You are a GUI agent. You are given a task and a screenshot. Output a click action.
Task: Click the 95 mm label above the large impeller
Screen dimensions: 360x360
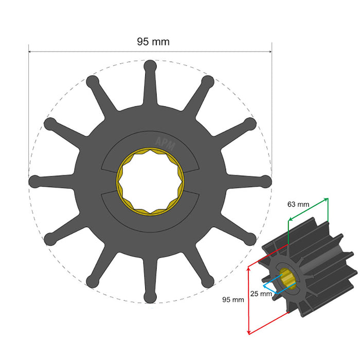153,41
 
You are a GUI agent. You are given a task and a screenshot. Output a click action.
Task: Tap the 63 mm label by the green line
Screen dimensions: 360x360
298,204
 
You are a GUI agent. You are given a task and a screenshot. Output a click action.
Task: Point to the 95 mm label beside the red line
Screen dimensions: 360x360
233,299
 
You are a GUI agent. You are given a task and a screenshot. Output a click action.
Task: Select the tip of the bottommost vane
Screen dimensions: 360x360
150,297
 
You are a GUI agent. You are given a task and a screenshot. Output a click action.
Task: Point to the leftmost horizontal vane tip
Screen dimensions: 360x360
34,181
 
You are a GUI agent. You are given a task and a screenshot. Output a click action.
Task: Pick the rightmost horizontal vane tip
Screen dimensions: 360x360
266,181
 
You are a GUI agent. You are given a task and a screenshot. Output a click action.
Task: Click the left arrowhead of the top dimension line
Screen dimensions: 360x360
30,51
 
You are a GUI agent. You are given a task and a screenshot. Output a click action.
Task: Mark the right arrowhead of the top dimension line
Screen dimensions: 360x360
270,51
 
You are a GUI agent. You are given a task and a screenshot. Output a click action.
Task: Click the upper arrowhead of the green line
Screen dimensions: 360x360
327,198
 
